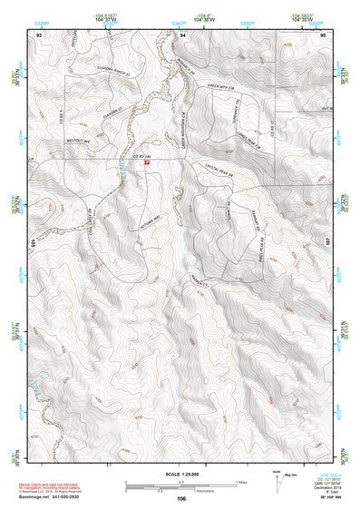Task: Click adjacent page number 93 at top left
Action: click(39, 34)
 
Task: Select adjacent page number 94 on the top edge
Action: click(182, 34)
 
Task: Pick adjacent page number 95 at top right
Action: click(324, 34)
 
